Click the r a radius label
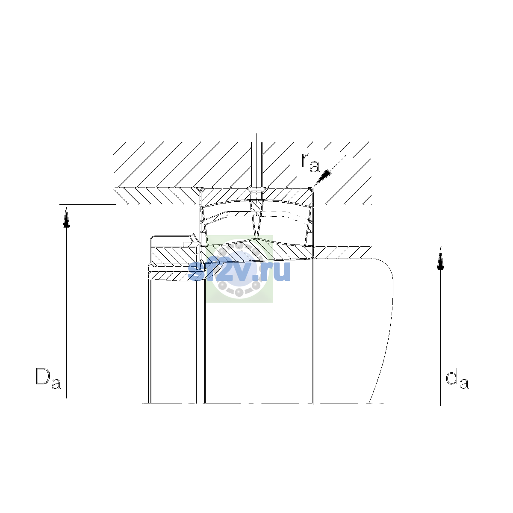[310, 162]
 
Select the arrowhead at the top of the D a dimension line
[66, 217]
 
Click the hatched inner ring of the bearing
[257, 250]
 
